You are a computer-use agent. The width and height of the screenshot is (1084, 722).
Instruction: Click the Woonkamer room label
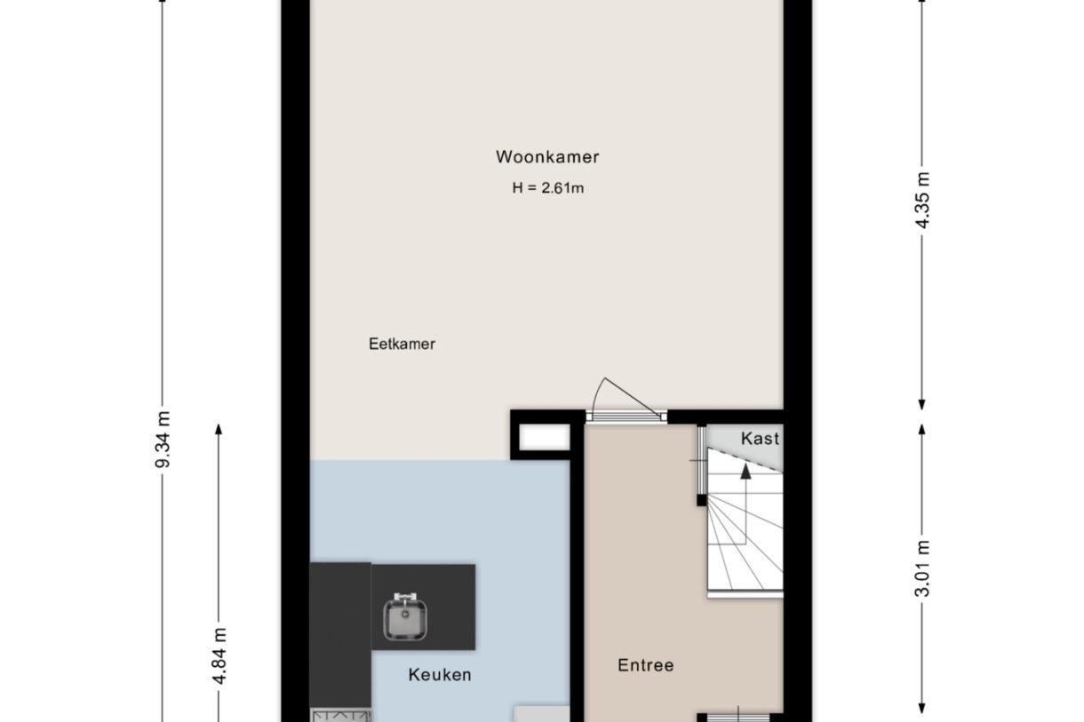547,158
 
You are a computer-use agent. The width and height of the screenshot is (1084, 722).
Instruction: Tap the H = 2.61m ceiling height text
547,188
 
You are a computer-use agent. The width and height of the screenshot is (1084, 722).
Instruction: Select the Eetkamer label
402,345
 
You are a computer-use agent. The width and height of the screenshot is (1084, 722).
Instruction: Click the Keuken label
440,675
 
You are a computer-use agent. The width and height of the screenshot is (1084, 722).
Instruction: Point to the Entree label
646,665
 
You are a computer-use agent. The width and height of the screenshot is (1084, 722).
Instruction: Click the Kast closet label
760,438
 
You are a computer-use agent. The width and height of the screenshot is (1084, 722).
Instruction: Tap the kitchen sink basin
405,616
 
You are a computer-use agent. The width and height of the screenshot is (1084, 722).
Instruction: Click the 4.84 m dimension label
219,655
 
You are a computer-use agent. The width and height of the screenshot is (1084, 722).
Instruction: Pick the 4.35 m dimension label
922,199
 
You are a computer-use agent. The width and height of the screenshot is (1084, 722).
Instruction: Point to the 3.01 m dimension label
922,568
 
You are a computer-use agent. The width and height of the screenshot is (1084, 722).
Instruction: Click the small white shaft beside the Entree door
543,438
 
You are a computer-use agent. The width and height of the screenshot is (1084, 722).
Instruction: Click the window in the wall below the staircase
739,716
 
